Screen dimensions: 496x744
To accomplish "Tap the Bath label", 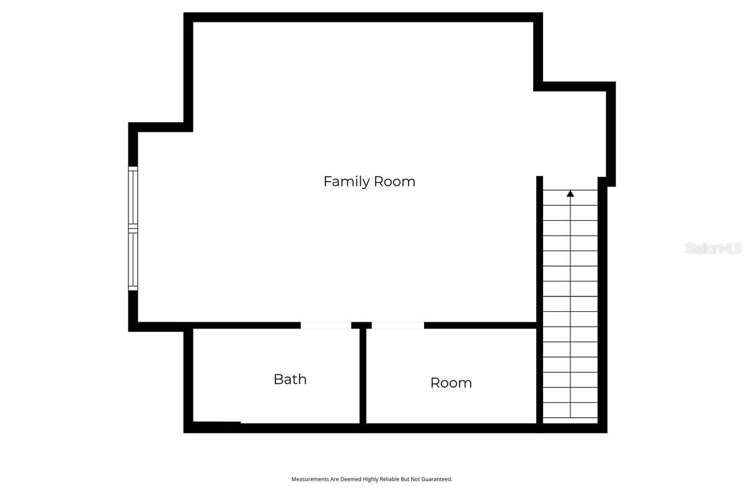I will click(x=290, y=379).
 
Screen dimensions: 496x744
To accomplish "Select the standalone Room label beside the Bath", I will click(x=451, y=383).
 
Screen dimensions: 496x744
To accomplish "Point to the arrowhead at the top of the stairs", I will click(x=570, y=194).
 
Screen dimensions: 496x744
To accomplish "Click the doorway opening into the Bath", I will click(x=325, y=325).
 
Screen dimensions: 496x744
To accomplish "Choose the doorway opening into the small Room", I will click(x=398, y=325).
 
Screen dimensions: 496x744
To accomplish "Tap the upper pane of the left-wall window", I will click(x=133, y=197).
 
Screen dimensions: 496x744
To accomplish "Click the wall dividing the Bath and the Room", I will click(x=363, y=376).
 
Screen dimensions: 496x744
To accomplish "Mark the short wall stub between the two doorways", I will click(x=361, y=325).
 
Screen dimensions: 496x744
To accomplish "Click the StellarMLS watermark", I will click(x=713, y=249).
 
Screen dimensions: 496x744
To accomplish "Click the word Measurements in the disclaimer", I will click(x=309, y=479).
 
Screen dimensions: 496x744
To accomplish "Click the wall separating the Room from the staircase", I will click(x=539, y=376).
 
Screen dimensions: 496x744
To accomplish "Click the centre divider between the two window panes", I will click(x=133, y=229).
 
